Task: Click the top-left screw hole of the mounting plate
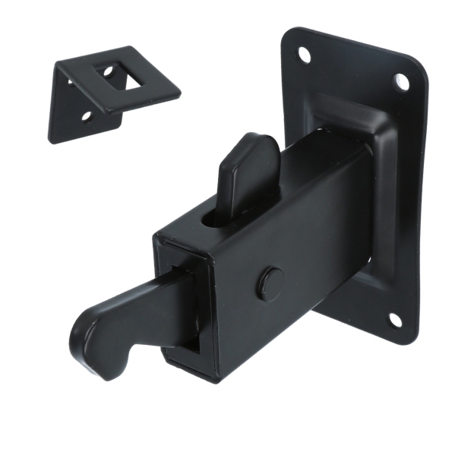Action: click(304, 55)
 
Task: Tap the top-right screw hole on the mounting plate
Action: click(401, 81)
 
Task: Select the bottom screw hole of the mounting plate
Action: click(395, 320)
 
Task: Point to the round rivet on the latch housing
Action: click(271, 283)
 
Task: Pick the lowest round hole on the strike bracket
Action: click(86, 116)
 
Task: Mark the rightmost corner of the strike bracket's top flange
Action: click(179, 92)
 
